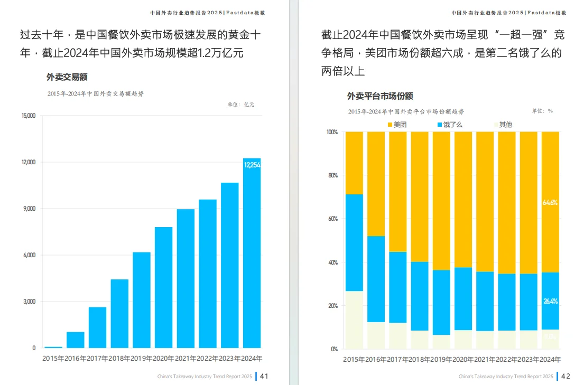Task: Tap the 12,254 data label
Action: [252, 165]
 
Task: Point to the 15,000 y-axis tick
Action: [28, 116]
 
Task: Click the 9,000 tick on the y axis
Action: [29, 209]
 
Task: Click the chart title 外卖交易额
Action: [67, 77]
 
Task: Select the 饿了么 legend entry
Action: [449, 125]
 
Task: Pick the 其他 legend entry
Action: [502, 125]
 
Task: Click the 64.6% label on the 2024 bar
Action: [550, 202]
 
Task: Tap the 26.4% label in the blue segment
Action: [550, 301]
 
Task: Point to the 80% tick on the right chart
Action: [332, 175]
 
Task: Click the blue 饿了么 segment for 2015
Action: [354, 242]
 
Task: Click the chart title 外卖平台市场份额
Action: [379, 96]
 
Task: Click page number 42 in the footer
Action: [566, 376]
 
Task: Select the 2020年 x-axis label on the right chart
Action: [463, 360]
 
